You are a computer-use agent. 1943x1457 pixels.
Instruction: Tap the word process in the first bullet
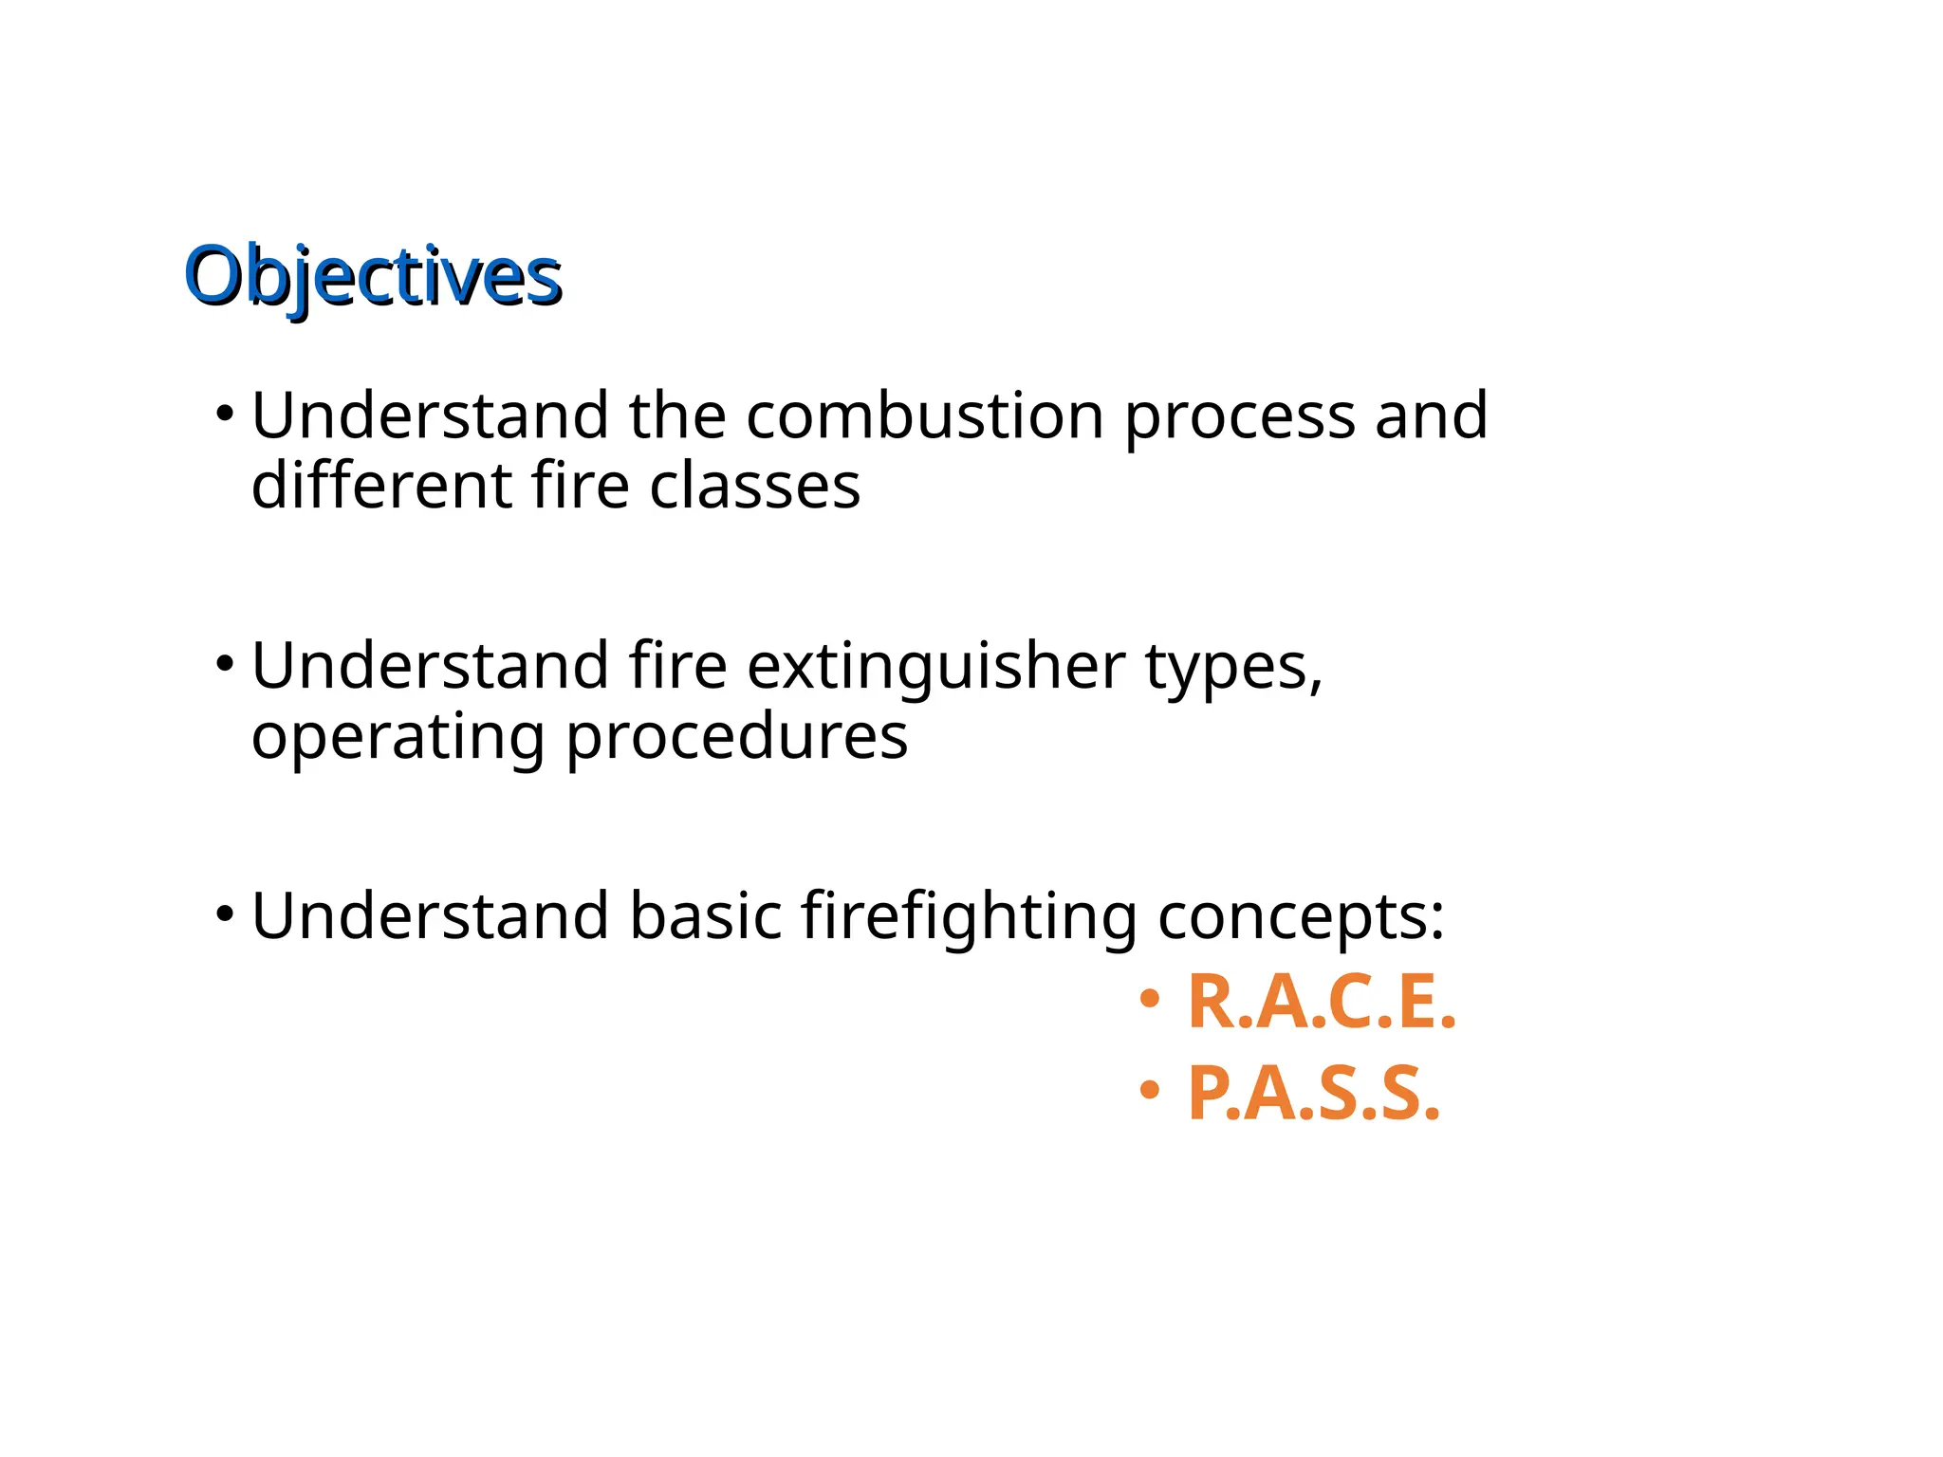(1239, 417)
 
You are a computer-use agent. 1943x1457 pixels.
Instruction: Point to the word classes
(754, 486)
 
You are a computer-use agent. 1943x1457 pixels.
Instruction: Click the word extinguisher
(935, 667)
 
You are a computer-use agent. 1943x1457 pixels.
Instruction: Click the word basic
(705, 916)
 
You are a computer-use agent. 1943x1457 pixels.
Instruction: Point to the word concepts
(1301, 918)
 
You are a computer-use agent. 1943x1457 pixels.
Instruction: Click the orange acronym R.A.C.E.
(1322, 1003)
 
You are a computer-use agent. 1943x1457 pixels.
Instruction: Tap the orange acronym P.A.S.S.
(1314, 1094)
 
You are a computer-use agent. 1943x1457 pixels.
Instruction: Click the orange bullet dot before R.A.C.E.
(1150, 998)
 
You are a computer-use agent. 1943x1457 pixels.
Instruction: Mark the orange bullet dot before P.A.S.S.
(1150, 1089)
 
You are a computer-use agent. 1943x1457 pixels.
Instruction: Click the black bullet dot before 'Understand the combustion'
(225, 413)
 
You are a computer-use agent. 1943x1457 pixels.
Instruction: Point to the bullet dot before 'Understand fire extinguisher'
(225, 663)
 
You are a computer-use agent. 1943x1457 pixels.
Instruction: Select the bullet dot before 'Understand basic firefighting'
(225, 913)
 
